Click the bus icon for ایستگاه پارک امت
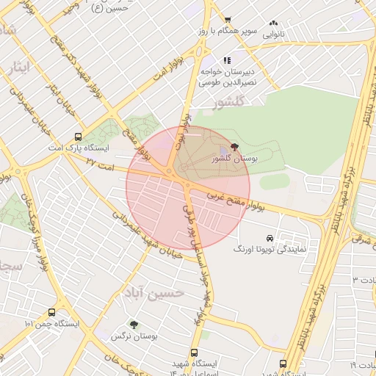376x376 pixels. (78, 137)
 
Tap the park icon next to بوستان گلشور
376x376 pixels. (234, 148)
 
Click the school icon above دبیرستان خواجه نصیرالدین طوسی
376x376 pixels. (227, 60)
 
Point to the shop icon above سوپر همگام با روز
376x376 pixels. (227, 20)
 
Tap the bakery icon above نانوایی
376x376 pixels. (274, 23)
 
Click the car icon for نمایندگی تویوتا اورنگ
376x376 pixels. (270, 239)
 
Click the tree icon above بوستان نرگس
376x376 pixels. (133, 324)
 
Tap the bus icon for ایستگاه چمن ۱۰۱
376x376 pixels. (51, 311)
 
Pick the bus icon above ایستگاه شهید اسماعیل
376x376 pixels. (194, 353)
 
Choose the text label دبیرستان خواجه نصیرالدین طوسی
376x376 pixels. (227, 78)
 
